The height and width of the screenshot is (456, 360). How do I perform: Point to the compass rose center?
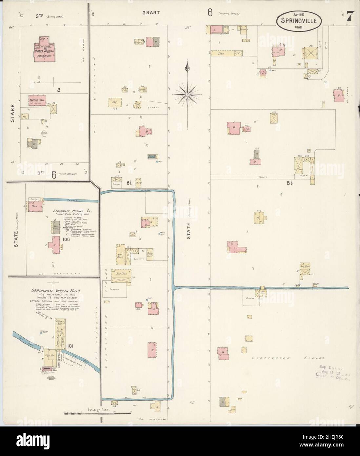click(x=187, y=94)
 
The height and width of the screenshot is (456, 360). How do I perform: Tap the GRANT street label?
click(x=151, y=12)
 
